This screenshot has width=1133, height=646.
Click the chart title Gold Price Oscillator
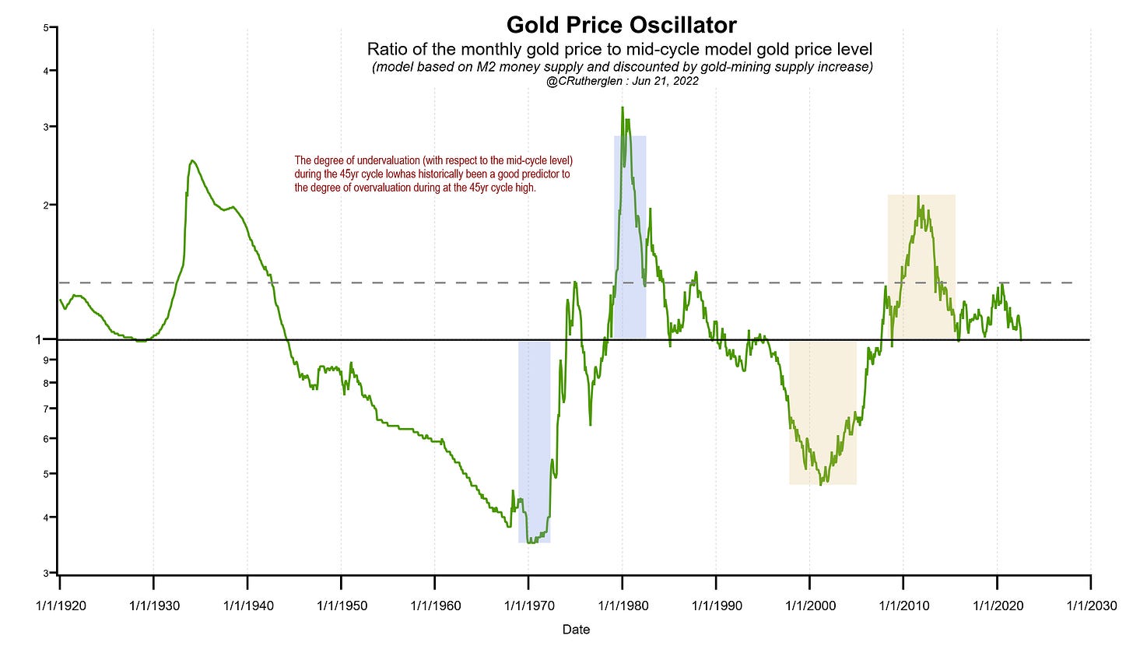click(x=621, y=24)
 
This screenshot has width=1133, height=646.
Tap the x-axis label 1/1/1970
click(x=528, y=605)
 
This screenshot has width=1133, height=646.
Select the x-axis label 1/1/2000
click(x=809, y=605)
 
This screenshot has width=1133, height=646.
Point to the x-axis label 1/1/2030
click(x=1089, y=605)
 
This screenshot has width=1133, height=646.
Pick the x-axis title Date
click(x=577, y=630)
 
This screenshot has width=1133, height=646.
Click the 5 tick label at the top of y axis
click(x=47, y=28)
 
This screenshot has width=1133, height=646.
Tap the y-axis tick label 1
click(x=46, y=340)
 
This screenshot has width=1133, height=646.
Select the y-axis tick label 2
click(x=47, y=205)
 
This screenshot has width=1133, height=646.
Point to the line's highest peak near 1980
click(x=623, y=107)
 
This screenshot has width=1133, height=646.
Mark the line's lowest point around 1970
click(x=531, y=542)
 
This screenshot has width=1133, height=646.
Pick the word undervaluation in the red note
click(x=375, y=161)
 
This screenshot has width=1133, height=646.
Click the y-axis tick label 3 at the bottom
click(x=47, y=574)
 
